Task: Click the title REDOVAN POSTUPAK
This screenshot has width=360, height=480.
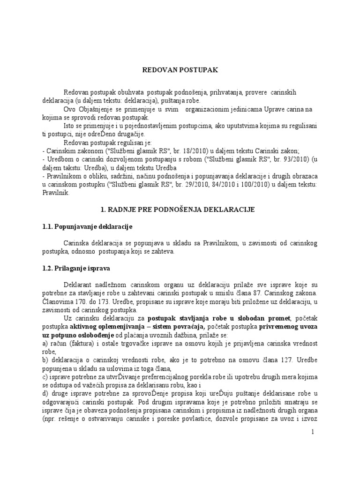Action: tap(180, 70)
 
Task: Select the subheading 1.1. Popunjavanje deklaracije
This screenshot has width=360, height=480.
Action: tap(88, 227)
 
